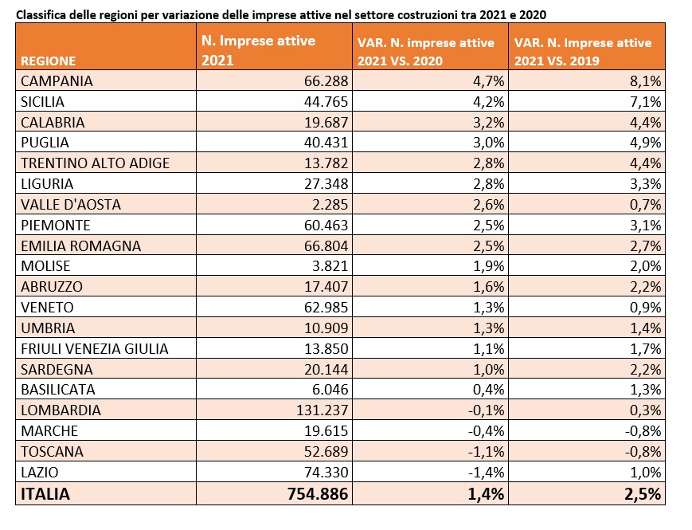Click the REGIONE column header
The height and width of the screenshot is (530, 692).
[x=48, y=61]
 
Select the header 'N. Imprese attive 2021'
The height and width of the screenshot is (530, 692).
[x=259, y=50]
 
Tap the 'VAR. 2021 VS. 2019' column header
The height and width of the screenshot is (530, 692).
[x=583, y=52]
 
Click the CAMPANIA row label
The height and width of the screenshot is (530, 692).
[x=57, y=80]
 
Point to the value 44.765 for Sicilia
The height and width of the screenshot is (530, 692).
[x=326, y=101]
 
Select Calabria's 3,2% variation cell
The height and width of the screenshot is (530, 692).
[x=489, y=123]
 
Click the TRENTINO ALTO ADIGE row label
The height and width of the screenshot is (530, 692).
[x=96, y=163]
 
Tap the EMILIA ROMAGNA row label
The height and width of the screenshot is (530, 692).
[x=80, y=245]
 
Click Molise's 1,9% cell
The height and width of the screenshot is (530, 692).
[x=489, y=266]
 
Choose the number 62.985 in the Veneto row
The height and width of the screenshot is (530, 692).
[x=326, y=308]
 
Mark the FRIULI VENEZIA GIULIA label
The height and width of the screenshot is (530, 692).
[x=95, y=349]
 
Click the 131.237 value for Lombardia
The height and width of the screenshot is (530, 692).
[x=323, y=410]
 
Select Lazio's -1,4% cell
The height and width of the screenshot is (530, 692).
[x=487, y=473]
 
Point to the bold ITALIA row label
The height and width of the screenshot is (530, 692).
[x=45, y=494]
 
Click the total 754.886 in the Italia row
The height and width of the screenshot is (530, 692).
[x=318, y=494]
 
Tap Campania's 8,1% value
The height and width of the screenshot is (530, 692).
[x=646, y=81]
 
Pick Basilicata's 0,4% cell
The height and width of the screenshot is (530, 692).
[x=489, y=390]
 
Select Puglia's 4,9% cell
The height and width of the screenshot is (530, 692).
[x=646, y=143]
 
